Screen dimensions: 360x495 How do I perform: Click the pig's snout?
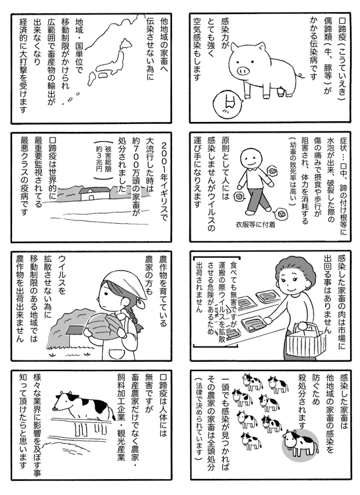click(243, 70)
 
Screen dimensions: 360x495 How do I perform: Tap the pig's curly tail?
click(299, 75)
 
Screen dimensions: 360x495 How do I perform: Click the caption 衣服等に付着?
click(255, 225)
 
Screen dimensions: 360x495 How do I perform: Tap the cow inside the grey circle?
click(301, 443)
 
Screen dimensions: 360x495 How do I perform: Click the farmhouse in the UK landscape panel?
click(95, 193)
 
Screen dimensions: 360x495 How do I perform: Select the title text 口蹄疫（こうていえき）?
click(342, 59)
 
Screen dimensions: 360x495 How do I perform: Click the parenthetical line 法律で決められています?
click(198, 419)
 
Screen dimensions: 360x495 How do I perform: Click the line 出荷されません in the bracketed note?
click(199, 286)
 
